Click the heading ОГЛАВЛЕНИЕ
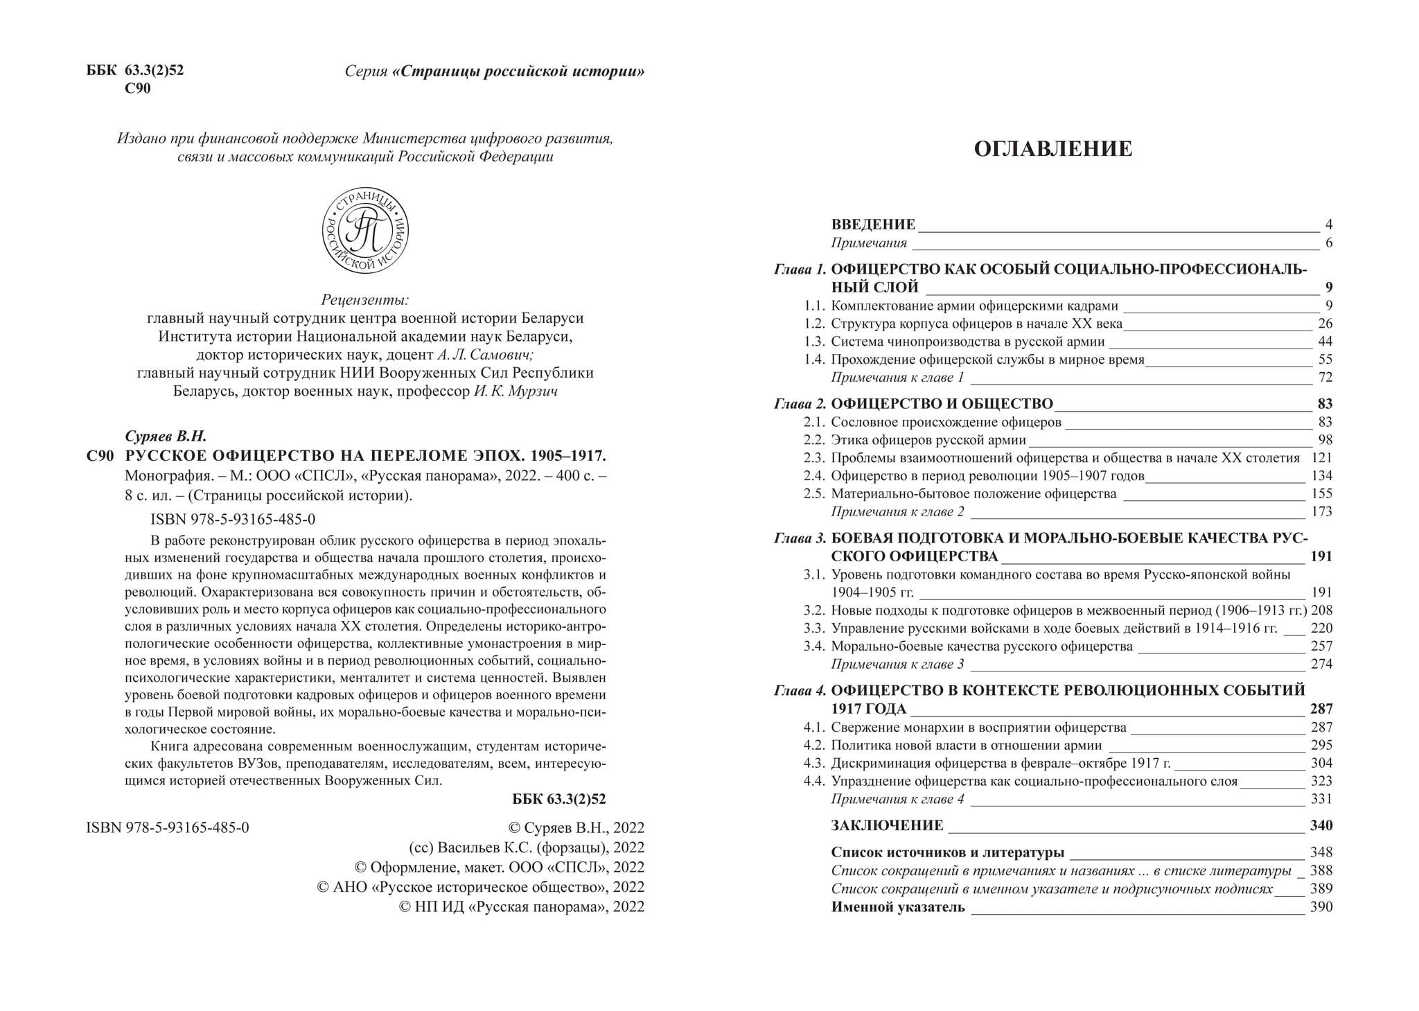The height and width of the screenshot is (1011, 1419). pyautogui.click(x=1052, y=149)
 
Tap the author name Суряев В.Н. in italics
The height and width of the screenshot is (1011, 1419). pyautogui.click(x=166, y=437)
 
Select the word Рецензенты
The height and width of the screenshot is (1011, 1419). pyautogui.click(x=365, y=300)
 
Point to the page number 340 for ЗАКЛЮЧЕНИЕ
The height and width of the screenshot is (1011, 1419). pyautogui.click(x=1321, y=825)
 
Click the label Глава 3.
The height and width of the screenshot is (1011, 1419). pyautogui.click(x=800, y=538)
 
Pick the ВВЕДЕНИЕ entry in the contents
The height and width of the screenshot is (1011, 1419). pyautogui.click(x=873, y=225)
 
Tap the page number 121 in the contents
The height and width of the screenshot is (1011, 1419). pyautogui.click(x=1321, y=458)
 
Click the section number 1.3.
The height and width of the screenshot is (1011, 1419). pyautogui.click(x=814, y=342)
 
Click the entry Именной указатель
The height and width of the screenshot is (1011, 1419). pyautogui.click(x=898, y=908)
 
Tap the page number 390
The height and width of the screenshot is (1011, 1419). pyautogui.click(x=1321, y=908)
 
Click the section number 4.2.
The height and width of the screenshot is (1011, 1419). pyautogui.click(x=814, y=746)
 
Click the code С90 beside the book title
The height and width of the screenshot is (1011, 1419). pyautogui.click(x=100, y=456)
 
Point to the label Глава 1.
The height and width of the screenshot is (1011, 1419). pyautogui.click(x=800, y=270)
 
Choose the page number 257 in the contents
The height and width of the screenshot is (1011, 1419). pyautogui.click(x=1321, y=647)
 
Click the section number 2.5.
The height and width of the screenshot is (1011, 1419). pyautogui.click(x=814, y=494)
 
